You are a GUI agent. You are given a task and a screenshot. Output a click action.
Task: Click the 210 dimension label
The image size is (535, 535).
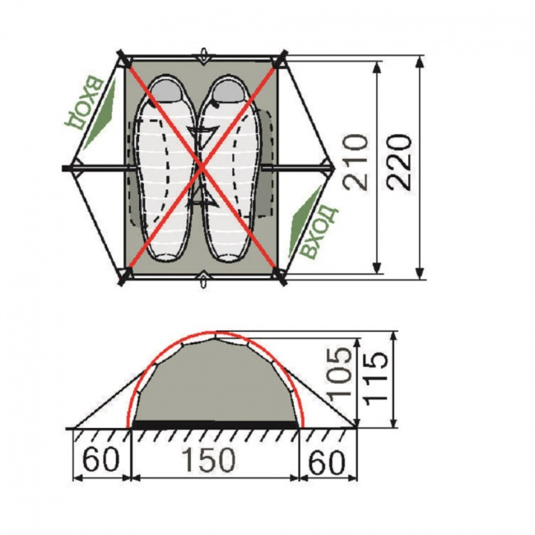(356, 162)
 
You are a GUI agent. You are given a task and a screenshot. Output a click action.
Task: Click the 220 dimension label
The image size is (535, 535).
(399, 162)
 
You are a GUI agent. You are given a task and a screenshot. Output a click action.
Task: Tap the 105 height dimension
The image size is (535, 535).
(339, 372)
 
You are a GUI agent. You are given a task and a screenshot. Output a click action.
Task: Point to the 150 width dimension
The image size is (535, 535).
(208, 459)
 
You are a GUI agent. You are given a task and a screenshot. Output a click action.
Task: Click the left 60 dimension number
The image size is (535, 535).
(101, 459)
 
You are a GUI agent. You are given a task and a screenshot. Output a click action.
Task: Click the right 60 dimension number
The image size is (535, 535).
(327, 463)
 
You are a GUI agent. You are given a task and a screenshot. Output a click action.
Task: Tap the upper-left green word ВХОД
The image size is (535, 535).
(84, 104)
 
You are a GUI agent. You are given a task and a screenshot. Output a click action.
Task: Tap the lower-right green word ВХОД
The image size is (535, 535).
(319, 231)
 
